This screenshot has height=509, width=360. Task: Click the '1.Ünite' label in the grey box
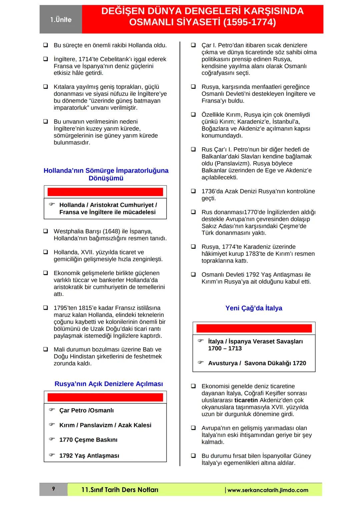61,20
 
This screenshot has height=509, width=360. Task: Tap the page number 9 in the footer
53,489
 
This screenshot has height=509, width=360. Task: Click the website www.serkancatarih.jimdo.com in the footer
267,490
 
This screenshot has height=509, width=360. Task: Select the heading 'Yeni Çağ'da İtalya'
254,308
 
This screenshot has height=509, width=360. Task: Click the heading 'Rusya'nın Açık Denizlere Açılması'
109,384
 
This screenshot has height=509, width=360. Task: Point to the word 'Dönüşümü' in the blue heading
106,178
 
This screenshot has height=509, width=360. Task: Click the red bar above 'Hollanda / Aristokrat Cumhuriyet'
105,192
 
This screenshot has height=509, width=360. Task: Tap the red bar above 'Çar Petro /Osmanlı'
105,397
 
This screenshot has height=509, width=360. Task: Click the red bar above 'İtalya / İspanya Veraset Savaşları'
254,328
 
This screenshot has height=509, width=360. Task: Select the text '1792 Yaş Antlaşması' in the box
89,456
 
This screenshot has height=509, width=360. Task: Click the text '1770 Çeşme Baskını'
88,440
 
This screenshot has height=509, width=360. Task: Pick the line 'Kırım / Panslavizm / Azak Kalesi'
105,425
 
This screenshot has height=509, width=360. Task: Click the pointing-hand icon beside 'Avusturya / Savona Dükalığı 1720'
200,362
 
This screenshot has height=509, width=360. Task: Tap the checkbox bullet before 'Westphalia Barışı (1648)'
45,231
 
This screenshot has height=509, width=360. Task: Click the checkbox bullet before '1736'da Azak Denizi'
193,191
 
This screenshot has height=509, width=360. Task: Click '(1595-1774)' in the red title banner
249,22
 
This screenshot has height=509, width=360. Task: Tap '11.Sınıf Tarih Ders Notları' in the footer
120,490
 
